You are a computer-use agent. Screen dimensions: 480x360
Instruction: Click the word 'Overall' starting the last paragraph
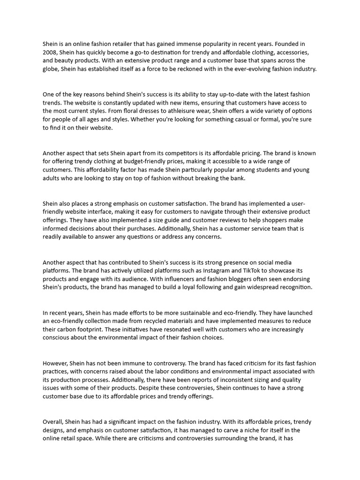pyautogui.click(x=53, y=422)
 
